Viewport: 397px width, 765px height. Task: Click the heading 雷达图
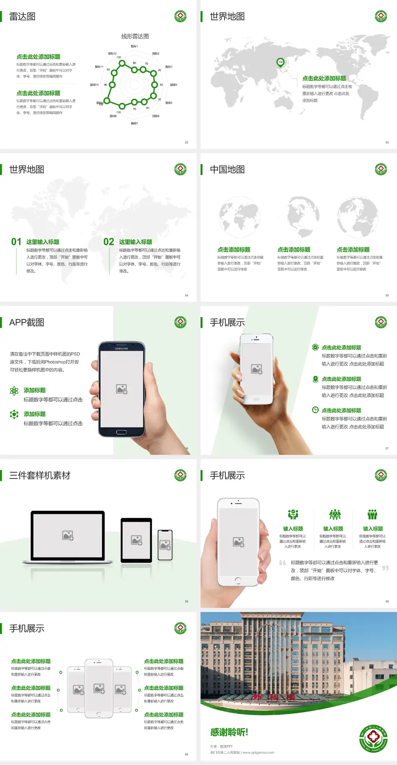[22, 17]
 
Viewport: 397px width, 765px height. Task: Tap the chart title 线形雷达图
[135, 36]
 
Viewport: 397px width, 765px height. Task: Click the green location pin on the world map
[280, 62]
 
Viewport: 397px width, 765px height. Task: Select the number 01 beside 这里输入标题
[16, 242]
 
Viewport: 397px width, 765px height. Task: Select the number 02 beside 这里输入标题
[109, 242]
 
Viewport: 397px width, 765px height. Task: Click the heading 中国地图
[227, 170]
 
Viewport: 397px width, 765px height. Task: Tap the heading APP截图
[26, 323]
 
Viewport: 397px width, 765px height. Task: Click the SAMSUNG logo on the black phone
[122, 349]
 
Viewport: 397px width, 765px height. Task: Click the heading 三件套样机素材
[40, 476]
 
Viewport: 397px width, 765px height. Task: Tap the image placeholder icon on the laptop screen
[68, 535]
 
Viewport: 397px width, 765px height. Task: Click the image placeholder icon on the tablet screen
[136, 540]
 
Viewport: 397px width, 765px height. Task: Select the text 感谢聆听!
[229, 732]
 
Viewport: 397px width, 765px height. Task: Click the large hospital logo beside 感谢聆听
[373, 739]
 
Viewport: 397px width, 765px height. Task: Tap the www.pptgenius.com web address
[258, 753]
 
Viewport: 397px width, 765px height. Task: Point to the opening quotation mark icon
[282, 563]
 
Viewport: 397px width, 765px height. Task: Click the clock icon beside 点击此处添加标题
[315, 410]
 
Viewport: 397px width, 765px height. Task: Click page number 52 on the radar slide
[187, 143]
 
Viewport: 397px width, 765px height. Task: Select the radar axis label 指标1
[134, 46]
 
